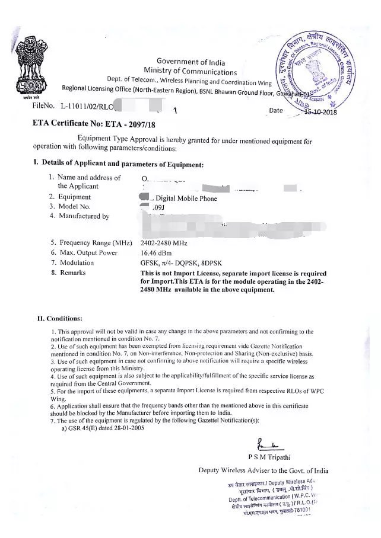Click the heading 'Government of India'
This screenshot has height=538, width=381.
pyautogui.click(x=190, y=62)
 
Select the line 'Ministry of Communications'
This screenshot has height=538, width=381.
pyautogui.click(x=190, y=72)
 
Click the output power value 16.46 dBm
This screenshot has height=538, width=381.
pyautogui.click(x=157, y=252)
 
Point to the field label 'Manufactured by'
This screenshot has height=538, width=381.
pyautogui.click(x=84, y=216)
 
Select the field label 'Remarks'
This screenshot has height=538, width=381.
pyautogui.click(x=72, y=273)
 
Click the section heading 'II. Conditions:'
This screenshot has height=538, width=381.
pyautogui.click(x=60, y=318)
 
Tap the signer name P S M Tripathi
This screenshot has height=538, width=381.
pyautogui.click(x=271, y=457)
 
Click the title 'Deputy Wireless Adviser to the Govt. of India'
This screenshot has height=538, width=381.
pyautogui.click(x=263, y=470)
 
